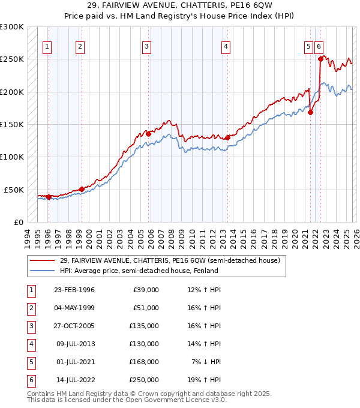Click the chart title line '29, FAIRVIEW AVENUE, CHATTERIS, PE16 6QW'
click(x=179, y=5)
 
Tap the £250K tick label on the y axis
click(x=11, y=59)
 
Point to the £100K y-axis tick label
click(x=11, y=157)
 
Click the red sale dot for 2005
click(x=148, y=134)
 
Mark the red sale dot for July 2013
click(x=227, y=137)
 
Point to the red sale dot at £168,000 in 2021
click(x=310, y=112)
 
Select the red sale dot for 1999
click(x=82, y=189)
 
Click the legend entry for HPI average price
click(x=139, y=271)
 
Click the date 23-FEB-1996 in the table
click(x=74, y=290)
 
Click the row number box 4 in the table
click(x=30, y=344)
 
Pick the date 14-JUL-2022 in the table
click(x=74, y=380)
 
